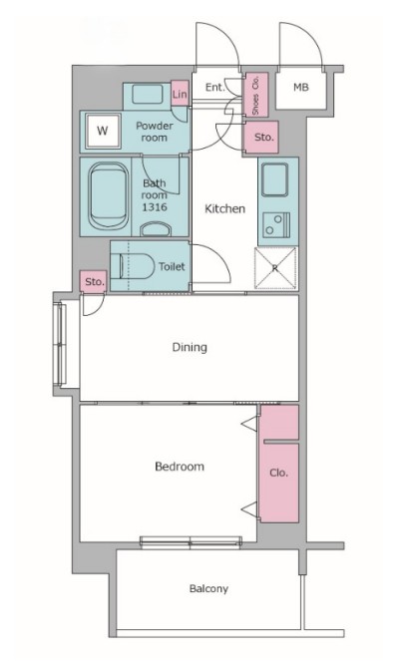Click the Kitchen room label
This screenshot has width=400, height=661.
(x=224, y=208)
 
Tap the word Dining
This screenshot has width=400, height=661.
(x=190, y=347)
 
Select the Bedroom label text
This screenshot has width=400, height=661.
(x=180, y=467)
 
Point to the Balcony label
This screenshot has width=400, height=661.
(x=208, y=588)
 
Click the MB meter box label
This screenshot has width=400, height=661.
(x=301, y=88)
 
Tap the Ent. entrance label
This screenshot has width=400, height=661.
(x=214, y=88)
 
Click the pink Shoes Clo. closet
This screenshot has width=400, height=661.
(x=256, y=95)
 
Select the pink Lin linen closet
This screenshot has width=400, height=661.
(x=180, y=94)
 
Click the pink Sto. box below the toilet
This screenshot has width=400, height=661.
(x=94, y=281)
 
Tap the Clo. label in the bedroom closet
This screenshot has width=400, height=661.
(x=278, y=473)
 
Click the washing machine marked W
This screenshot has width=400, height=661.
(x=103, y=131)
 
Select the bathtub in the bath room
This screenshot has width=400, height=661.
(x=109, y=196)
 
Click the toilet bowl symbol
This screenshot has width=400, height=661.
(x=137, y=266)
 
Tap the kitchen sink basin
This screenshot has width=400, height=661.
(x=274, y=179)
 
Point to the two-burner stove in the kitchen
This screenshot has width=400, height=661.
(x=276, y=224)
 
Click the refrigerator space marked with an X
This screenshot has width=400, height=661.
(x=275, y=268)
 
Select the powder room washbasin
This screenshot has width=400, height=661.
(x=147, y=95)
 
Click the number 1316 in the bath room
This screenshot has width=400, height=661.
(x=155, y=207)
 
